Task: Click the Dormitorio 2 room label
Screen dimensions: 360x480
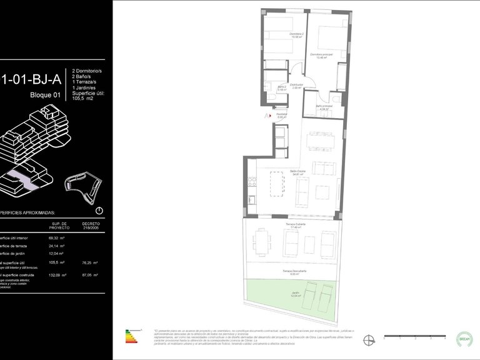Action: coord(296,35)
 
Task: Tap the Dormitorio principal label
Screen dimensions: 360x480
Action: coord(321,56)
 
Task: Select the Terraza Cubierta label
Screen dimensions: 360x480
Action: coord(292,226)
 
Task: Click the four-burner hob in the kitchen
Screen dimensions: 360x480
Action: coord(253,181)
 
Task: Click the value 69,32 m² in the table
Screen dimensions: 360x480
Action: coord(55,238)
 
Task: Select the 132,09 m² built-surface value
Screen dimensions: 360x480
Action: coord(55,275)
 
